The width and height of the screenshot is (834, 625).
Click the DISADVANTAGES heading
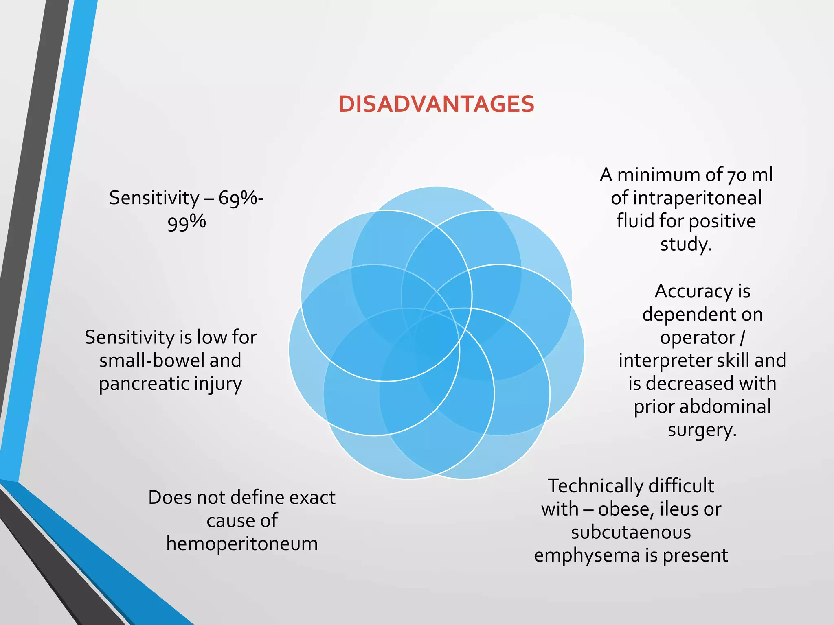click(x=436, y=104)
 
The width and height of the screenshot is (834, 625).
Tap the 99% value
click(x=187, y=222)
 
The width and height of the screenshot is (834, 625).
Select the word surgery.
click(x=702, y=430)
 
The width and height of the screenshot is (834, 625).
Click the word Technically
click(x=595, y=486)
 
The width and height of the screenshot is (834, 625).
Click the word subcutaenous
click(x=631, y=532)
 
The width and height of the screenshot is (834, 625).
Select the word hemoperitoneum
click(x=242, y=544)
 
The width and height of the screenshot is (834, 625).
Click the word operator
click(x=698, y=338)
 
